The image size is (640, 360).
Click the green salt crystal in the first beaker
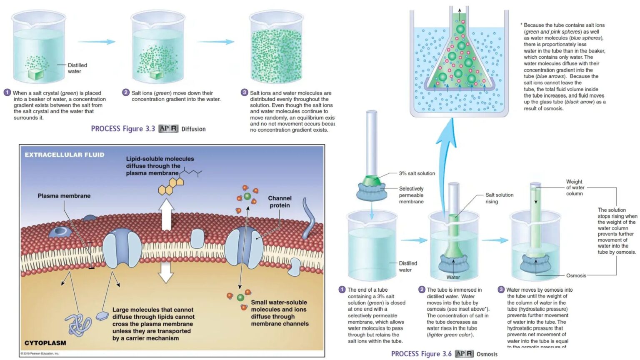pyautogui.click(x=36, y=74)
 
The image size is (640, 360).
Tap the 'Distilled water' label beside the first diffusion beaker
pyautogui.click(x=77, y=68)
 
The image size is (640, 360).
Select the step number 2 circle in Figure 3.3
pyautogui.click(x=126, y=92)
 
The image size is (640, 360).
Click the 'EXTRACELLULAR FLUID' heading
pyautogui.click(x=65, y=155)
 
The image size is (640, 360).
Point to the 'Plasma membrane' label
pyautogui.click(x=64, y=196)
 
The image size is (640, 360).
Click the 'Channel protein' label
pyautogui.click(x=280, y=202)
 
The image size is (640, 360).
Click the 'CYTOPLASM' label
pyautogui.click(x=45, y=343)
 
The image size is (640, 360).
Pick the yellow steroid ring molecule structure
pyautogui.click(x=172, y=186)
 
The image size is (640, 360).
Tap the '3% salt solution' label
pyautogui.click(x=417, y=173)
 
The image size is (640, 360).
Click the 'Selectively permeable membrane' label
pyautogui.click(x=411, y=195)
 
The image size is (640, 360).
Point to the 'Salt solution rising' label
pyautogui.click(x=499, y=198)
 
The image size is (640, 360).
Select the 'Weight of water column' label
pyautogui.click(x=575, y=187)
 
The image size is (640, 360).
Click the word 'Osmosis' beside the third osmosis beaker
pyautogui.click(x=576, y=275)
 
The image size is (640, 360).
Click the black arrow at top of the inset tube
pyautogui.click(x=460, y=11)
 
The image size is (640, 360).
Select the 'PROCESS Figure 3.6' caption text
pyautogui.click(x=421, y=354)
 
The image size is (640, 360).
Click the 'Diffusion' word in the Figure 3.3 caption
pyautogui.click(x=193, y=129)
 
